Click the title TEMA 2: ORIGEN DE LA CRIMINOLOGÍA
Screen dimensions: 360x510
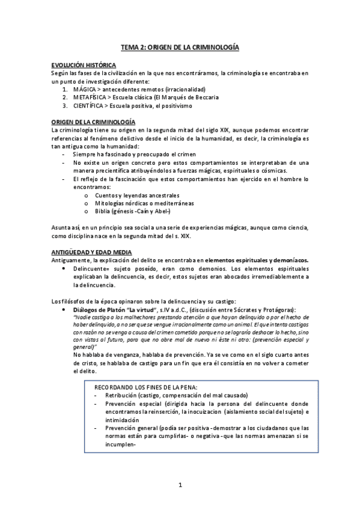point(180,46)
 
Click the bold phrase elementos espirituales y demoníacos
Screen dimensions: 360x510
point(257,259)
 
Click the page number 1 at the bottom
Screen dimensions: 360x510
point(180,484)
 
